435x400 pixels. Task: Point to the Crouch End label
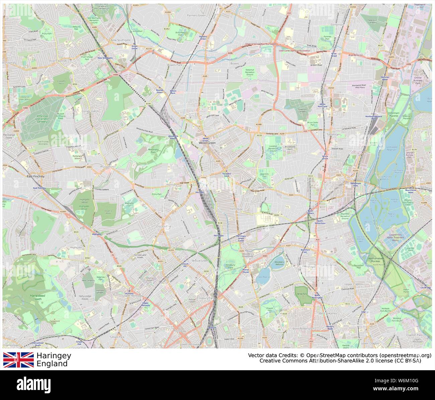coord(164,226)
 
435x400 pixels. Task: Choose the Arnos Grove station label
coord(135,47)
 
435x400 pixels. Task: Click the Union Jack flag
coord(18,360)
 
